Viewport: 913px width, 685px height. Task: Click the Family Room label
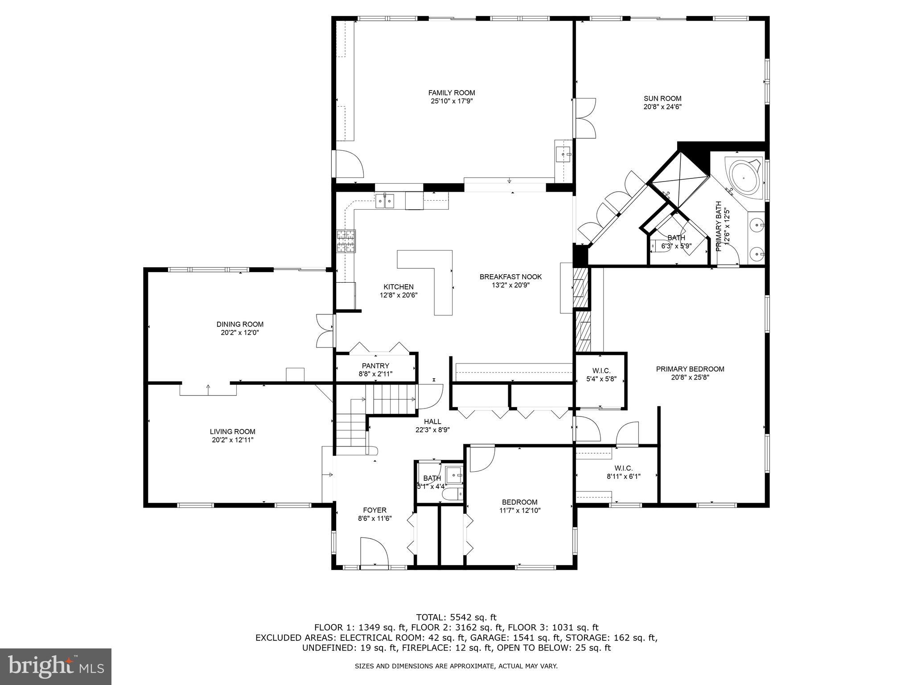(452, 93)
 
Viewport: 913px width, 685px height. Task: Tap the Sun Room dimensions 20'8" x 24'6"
(662, 107)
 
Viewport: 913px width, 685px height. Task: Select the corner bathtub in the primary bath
(744, 176)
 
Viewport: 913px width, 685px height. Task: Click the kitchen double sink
(385, 202)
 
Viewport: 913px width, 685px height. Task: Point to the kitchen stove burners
(346, 241)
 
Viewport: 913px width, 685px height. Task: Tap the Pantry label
(375, 366)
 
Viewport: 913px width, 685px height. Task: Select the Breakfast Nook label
(510, 277)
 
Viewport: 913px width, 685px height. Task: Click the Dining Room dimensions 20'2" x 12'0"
(240, 333)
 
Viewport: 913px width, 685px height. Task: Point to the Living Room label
(233, 431)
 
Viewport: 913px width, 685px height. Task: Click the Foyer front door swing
(374, 552)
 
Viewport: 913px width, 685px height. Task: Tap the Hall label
(432, 421)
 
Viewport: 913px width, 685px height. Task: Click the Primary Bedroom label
(690, 369)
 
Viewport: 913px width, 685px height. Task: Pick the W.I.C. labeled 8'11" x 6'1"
(623, 468)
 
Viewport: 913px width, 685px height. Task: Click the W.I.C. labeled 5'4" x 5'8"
(601, 371)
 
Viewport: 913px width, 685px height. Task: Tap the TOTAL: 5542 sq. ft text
(456, 618)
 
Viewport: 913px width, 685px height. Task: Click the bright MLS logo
(56, 666)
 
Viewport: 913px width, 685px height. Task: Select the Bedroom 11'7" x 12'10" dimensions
(520, 511)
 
